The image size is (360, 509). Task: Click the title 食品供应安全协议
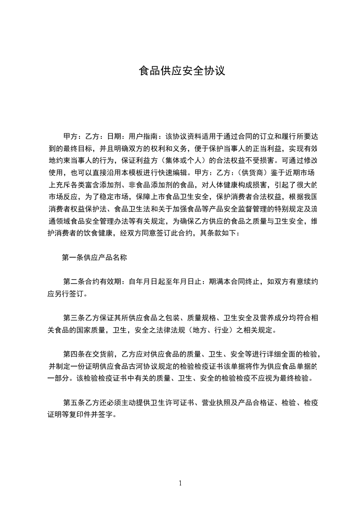click(182, 71)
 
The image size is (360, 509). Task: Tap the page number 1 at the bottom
click(180, 483)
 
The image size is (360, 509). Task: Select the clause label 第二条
click(75, 282)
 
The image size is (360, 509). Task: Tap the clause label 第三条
click(75, 318)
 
